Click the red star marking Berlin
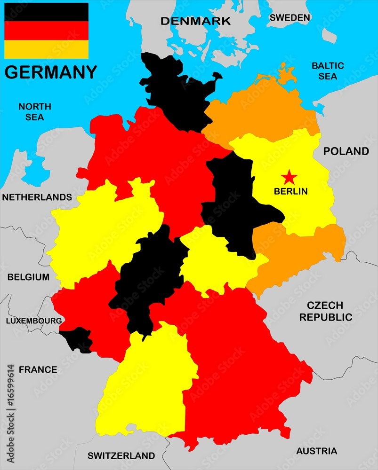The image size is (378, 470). coord(290,177)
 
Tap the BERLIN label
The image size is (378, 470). coord(290,191)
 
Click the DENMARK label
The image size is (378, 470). coord(195,21)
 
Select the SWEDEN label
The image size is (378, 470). coord(290,18)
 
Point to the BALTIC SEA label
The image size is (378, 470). coord(328,70)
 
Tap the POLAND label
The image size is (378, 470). coord(346,151)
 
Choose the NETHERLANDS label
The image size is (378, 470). coord(37,197)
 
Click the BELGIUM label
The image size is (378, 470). coord(28,277)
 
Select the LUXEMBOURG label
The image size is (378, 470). coord(33,321)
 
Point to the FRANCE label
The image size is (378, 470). coord(38,369)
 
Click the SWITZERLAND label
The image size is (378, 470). coord(121,455)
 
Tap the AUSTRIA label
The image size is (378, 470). coord(316,451)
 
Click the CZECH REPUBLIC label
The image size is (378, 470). coord(326,311)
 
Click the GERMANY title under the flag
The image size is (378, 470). coord(50,72)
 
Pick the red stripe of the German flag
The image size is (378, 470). coord(46,31)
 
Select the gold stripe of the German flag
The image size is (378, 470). coord(46,49)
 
